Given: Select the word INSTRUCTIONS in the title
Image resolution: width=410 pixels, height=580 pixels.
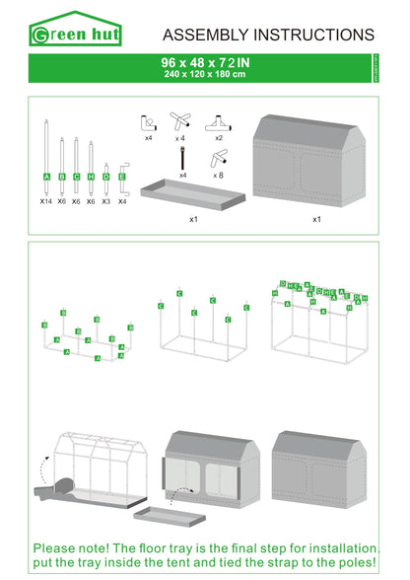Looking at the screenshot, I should [314, 36].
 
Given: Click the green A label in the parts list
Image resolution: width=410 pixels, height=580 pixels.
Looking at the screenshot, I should [46, 177].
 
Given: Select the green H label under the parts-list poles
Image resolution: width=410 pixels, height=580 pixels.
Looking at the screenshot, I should [91, 177].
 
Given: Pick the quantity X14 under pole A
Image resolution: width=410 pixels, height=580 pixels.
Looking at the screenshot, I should [45, 200].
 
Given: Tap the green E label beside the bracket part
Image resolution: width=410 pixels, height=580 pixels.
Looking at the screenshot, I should [121, 177].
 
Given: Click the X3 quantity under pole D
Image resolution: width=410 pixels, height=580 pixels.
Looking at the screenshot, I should [106, 200].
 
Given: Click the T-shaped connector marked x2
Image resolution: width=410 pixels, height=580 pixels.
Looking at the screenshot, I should [217, 124].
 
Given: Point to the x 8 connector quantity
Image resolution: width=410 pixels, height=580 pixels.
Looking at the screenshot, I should [218, 174].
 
